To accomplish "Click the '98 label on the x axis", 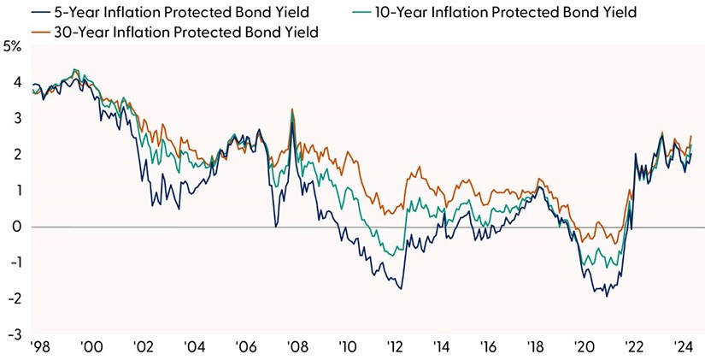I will [x=39, y=348].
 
